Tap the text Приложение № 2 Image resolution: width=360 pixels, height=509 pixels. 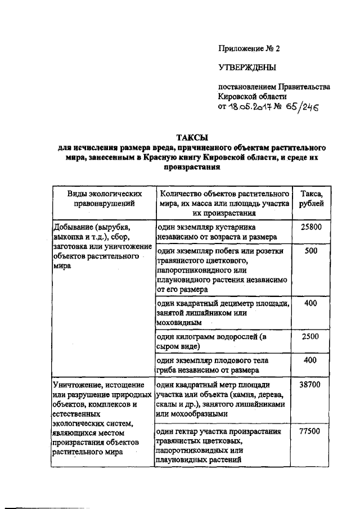pos(249,48)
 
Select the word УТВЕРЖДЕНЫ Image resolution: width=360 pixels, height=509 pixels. pos(247,67)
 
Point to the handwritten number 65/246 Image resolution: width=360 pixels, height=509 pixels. pos(301,107)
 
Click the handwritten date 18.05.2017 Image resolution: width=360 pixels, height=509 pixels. pos(251,107)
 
